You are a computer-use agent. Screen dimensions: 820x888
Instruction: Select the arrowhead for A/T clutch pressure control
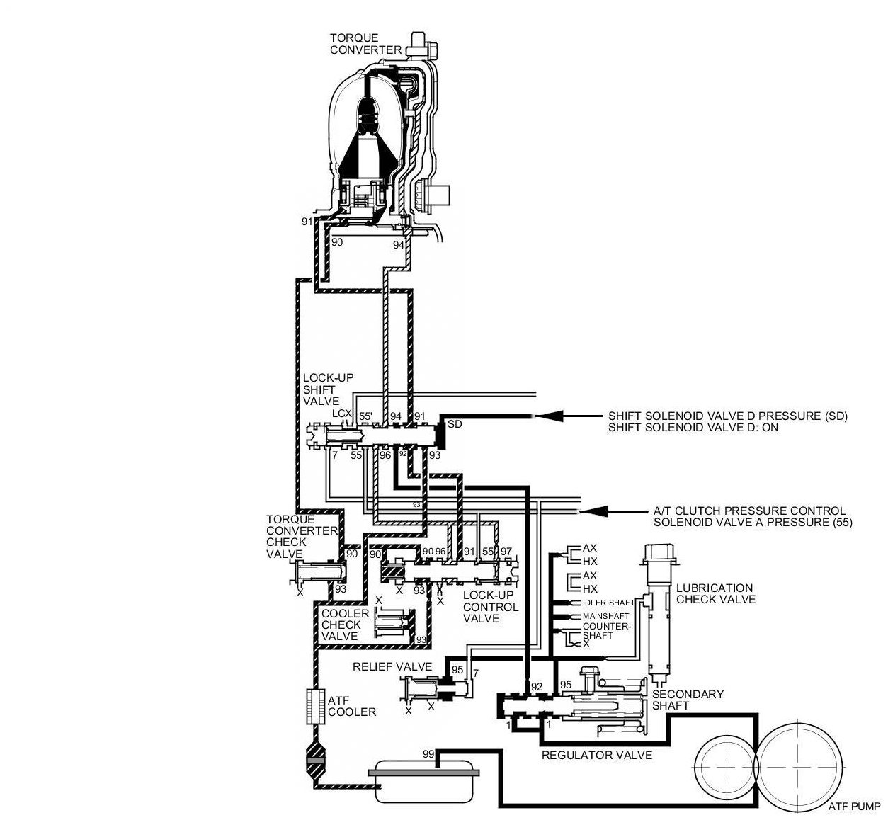(x=592, y=511)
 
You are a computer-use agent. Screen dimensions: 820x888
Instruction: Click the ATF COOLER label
(x=351, y=706)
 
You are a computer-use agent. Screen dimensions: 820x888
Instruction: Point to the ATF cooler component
(x=314, y=706)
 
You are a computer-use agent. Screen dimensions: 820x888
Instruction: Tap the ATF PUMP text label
(x=853, y=807)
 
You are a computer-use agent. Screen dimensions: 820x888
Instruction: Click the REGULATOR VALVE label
(x=596, y=755)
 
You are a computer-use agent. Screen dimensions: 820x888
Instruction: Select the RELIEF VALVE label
(x=392, y=666)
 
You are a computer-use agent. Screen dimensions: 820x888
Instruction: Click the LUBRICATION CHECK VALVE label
(x=715, y=593)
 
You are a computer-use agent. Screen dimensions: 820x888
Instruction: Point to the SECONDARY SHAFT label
(x=688, y=700)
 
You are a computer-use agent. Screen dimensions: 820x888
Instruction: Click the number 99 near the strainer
(x=428, y=753)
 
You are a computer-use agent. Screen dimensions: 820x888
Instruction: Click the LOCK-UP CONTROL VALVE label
(x=490, y=607)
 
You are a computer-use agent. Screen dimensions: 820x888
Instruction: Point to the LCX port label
(x=342, y=414)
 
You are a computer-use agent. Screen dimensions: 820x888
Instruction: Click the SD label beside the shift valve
(x=455, y=423)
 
